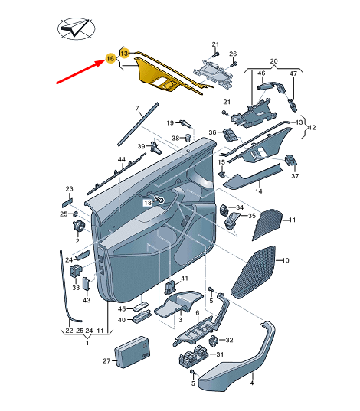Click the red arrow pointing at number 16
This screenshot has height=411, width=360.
(80, 70)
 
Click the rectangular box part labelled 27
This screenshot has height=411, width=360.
(133, 351)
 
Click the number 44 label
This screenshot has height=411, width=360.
(121, 160)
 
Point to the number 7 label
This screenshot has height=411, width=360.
(136, 109)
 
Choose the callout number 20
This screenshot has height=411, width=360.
(274, 59)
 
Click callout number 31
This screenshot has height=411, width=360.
(218, 354)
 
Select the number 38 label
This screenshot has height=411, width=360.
(175, 138)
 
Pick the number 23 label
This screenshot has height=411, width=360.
(68, 189)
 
